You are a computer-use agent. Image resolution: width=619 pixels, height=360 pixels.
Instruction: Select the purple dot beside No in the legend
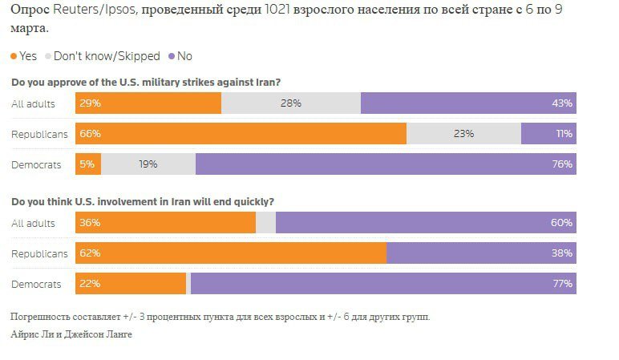[x=171, y=56]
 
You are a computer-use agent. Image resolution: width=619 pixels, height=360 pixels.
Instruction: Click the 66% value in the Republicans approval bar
[x=89, y=134]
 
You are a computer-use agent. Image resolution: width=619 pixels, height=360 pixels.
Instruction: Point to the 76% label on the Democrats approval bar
[x=561, y=164]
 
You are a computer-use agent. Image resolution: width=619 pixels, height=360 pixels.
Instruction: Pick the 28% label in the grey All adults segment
[x=290, y=103]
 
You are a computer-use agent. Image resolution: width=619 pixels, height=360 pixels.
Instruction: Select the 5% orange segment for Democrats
[x=87, y=164]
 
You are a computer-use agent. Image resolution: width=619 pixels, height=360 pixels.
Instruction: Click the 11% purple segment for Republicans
[x=548, y=134]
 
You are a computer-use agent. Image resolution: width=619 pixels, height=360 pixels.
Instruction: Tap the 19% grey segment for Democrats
[x=148, y=164]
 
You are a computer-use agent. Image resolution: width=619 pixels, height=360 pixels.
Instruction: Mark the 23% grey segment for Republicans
[x=463, y=134]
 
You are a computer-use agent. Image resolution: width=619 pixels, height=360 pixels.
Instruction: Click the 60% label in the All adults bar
[x=561, y=223]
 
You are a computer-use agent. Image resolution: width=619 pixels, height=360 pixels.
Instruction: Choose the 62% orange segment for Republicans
[x=231, y=253]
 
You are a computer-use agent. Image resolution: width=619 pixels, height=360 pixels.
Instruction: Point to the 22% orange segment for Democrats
[x=130, y=284]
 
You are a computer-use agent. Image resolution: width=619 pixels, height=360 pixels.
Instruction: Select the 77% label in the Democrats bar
[x=561, y=284]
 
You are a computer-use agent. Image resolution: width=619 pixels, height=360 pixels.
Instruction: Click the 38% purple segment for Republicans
[x=481, y=253]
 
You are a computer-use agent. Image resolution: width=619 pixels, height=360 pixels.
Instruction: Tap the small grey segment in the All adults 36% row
[x=265, y=223]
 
